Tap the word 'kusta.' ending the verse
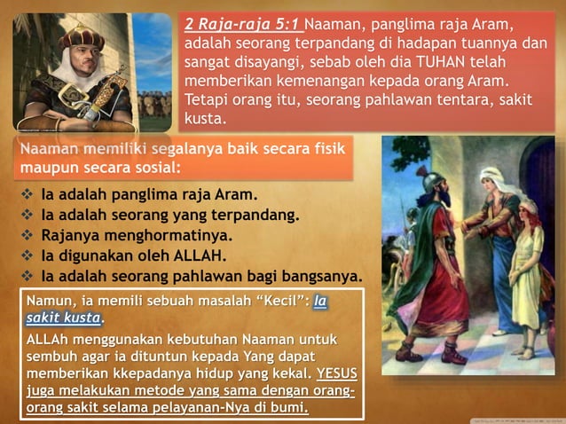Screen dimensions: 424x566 point(206,117)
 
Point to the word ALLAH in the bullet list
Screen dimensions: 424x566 point(195,255)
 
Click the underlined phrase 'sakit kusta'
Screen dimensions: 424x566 point(64,318)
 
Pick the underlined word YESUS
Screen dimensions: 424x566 point(336,371)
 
